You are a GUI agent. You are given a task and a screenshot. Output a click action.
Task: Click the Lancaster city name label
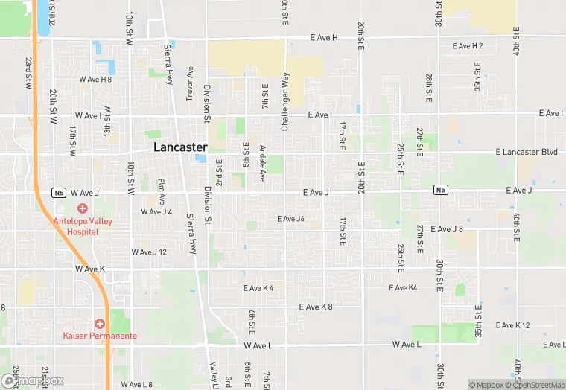180,147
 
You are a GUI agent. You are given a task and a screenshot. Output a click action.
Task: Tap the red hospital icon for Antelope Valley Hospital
83,208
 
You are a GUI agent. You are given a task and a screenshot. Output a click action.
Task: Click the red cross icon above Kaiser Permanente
100,323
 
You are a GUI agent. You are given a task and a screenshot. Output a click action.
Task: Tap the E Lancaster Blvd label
527,152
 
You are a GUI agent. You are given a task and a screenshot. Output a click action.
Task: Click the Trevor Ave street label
191,83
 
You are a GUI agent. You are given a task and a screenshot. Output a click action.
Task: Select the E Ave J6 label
290,219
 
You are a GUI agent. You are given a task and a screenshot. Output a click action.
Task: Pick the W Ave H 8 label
95,79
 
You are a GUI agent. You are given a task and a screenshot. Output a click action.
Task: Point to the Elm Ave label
161,187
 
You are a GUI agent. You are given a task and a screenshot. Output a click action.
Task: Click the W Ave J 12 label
149,252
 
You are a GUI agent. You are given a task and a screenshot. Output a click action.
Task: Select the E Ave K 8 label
316,307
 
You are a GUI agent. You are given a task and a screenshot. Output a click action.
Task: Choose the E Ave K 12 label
512,325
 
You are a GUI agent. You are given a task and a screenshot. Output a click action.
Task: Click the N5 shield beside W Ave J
59,192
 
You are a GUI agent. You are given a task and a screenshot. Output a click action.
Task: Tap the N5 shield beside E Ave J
441,191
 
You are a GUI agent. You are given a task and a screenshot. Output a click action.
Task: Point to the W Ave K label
89,269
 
